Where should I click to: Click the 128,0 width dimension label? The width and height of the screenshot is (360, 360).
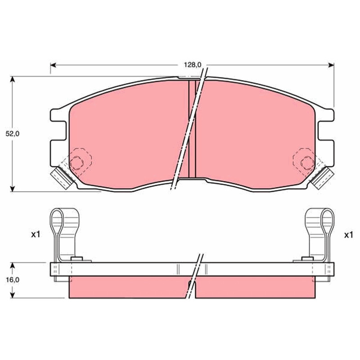point(192,65)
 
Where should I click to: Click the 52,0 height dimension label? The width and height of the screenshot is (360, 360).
point(13,134)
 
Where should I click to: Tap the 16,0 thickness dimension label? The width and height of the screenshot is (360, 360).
point(13,280)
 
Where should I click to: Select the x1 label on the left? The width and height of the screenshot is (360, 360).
point(36,234)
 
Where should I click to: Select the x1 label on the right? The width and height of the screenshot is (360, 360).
point(348,235)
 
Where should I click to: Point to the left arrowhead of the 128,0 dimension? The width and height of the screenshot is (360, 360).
point(53,65)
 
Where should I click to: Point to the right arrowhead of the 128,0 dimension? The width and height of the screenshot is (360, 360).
point(331,65)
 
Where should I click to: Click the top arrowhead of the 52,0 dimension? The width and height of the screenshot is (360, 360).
point(13,79)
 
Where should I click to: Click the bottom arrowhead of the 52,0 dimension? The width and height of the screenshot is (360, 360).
point(13,189)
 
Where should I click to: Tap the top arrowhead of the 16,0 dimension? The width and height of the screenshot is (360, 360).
point(13,265)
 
